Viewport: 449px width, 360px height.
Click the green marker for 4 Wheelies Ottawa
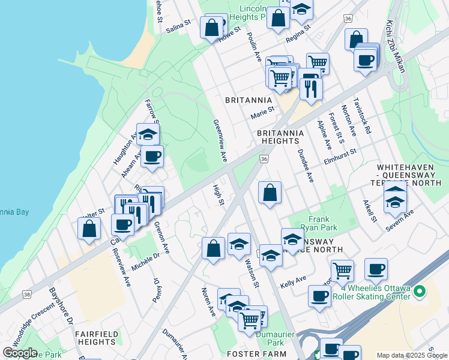pyautogui.click(x=419, y=292)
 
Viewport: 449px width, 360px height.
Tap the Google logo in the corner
pyautogui.click(x=20, y=353)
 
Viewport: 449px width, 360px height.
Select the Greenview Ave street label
pyautogui.click(x=220, y=140)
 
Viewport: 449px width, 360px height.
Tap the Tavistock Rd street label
pyautogui.click(x=363, y=115)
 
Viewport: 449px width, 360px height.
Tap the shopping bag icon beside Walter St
pyautogui.click(x=89, y=229)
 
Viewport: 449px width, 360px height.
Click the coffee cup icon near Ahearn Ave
pyautogui.click(x=151, y=157)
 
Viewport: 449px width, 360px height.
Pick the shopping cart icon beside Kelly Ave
pyautogui.click(x=342, y=269)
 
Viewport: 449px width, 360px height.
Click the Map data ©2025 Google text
pyautogui.click(x=412, y=355)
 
